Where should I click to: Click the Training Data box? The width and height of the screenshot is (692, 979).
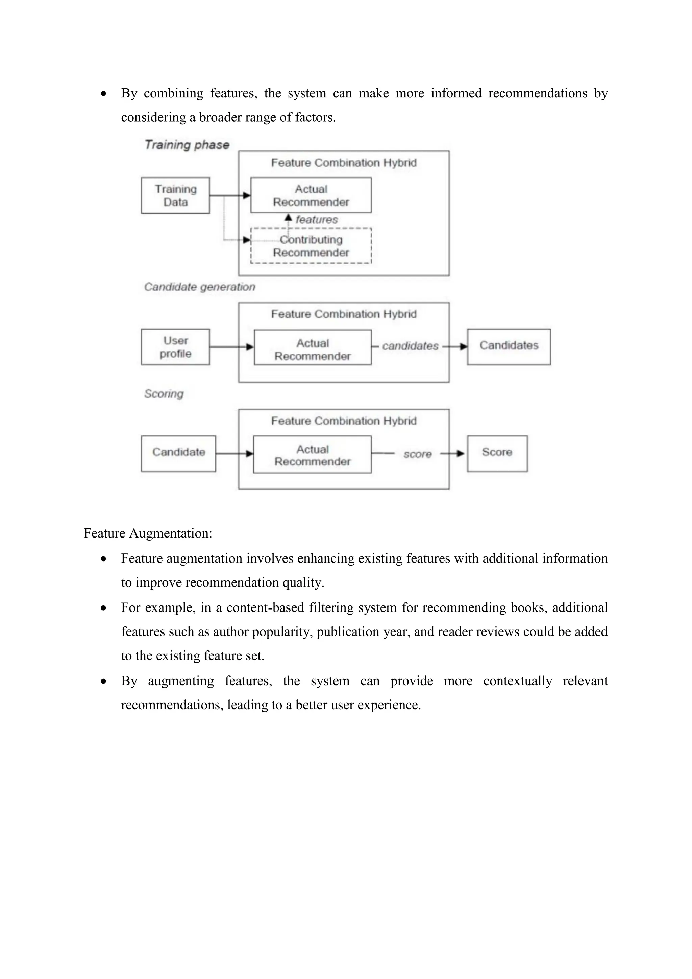(x=175, y=195)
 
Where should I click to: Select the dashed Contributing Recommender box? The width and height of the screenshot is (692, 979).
(x=311, y=246)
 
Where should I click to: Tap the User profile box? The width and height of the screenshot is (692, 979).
(x=175, y=347)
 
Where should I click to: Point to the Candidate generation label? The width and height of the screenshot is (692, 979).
(x=199, y=287)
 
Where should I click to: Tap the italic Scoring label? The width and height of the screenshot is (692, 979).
(x=164, y=393)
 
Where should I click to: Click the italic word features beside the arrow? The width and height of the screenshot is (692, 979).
(x=317, y=220)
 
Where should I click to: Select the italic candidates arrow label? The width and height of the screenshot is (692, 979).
(x=410, y=346)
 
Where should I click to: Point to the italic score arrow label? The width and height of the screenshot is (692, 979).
(x=417, y=454)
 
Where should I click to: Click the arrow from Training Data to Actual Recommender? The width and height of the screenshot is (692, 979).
(x=230, y=196)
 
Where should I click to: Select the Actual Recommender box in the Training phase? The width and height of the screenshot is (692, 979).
(x=311, y=195)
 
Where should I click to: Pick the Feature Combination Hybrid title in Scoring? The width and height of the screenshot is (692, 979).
(x=343, y=421)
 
